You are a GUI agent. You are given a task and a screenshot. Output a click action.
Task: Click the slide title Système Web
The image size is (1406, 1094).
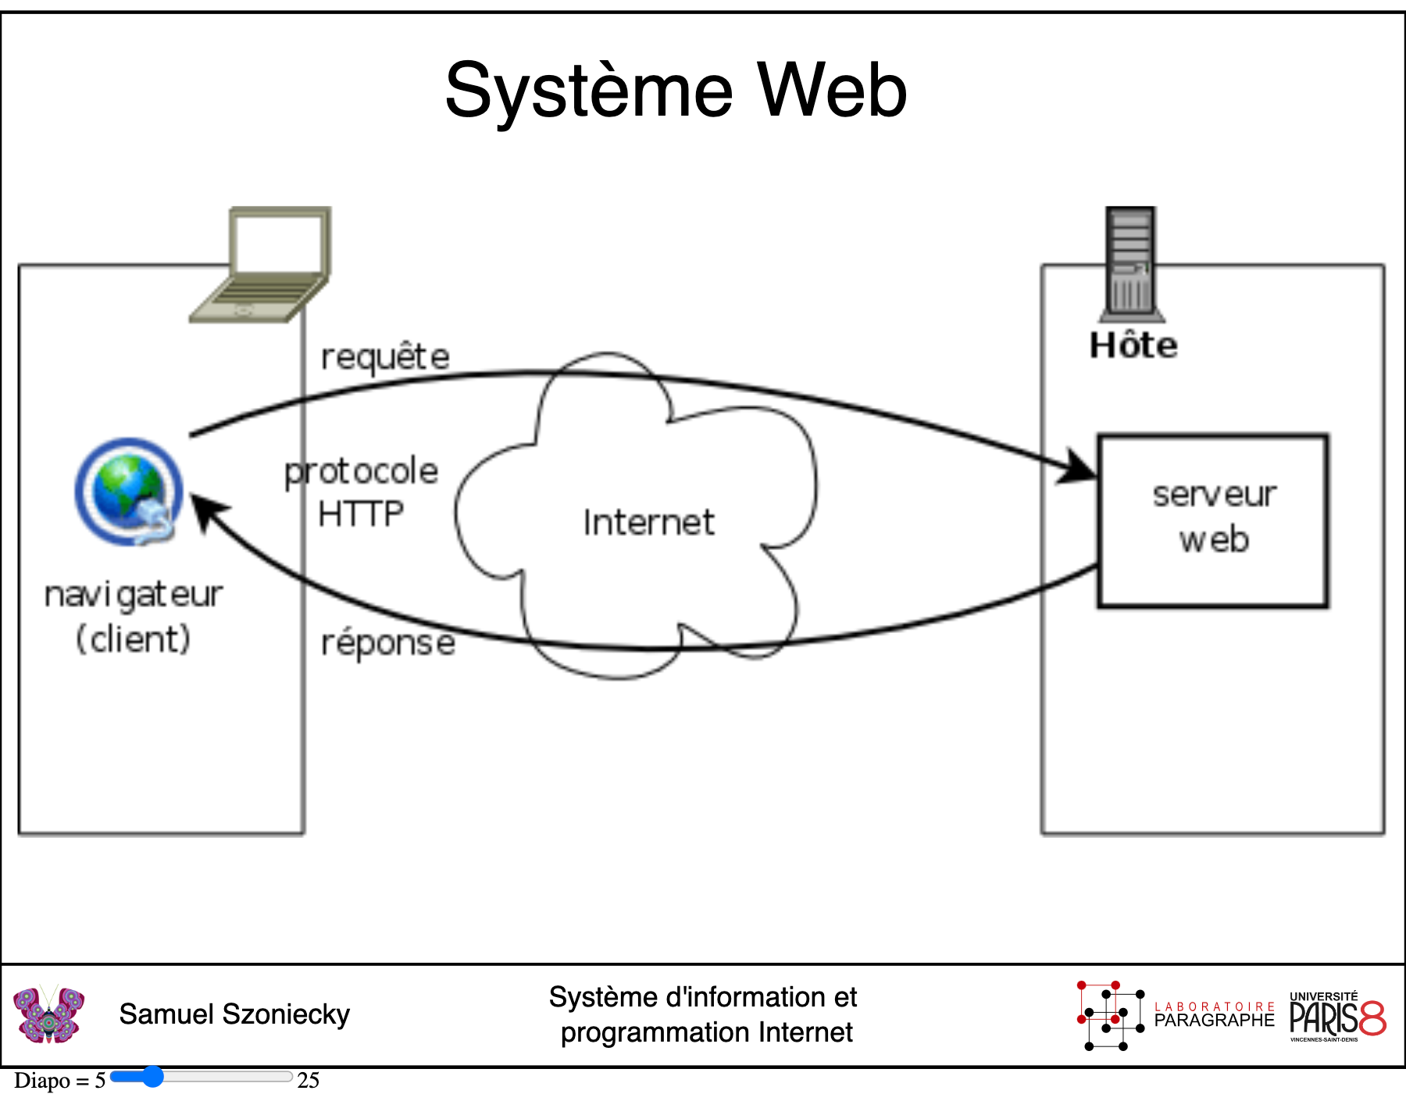click(676, 91)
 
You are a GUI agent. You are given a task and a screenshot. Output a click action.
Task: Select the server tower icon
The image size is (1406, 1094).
click(1131, 264)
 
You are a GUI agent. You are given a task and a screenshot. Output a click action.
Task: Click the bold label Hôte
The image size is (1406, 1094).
click(1133, 345)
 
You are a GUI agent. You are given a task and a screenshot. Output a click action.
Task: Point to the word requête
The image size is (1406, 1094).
click(386, 357)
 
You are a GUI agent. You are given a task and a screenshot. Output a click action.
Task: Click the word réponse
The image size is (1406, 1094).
click(388, 643)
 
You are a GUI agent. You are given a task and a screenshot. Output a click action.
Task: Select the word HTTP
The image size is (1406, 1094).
click(361, 514)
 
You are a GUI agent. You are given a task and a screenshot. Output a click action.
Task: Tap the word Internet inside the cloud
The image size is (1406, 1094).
click(648, 522)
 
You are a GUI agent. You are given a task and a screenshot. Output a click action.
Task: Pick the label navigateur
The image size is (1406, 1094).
click(134, 595)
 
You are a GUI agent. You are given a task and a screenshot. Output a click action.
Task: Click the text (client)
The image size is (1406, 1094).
click(133, 639)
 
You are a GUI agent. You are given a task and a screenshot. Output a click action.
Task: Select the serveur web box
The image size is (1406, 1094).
click(1213, 520)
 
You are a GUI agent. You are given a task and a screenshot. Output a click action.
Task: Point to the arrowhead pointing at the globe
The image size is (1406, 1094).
click(207, 510)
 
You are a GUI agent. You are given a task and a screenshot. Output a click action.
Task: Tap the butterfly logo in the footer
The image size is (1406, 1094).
click(48, 1014)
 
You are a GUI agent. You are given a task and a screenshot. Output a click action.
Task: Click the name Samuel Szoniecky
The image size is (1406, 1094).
click(234, 1014)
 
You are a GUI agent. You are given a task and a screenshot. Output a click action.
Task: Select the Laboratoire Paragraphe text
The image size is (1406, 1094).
click(1214, 1015)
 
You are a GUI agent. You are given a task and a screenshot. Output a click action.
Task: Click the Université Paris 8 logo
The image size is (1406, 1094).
click(1337, 1017)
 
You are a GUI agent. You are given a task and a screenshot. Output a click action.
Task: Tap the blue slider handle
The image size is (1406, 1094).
click(152, 1077)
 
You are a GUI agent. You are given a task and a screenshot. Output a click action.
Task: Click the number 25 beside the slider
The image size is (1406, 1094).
click(308, 1080)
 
